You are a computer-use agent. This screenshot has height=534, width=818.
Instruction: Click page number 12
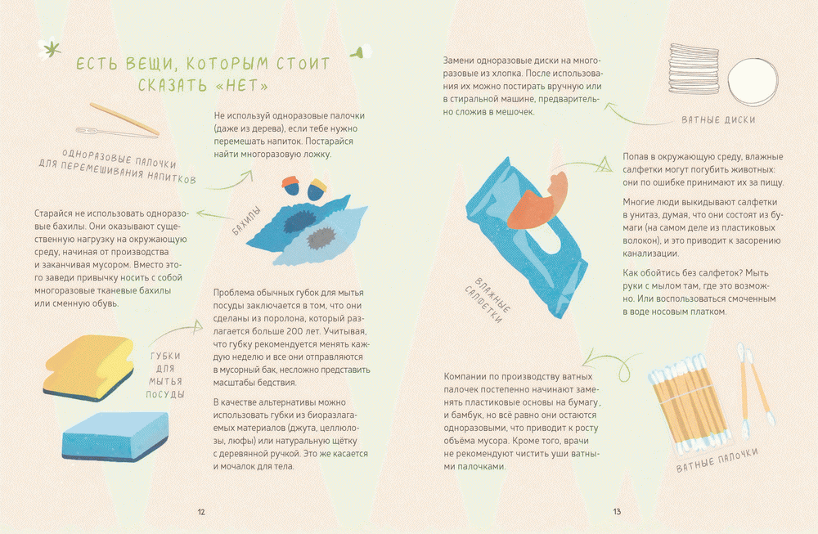point(201,512)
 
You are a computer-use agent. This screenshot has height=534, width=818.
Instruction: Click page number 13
point(617,512)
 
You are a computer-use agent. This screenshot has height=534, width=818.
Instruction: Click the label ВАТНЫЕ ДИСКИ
point(717,120)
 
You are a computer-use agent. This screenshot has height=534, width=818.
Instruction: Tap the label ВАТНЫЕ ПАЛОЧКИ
point(717,461)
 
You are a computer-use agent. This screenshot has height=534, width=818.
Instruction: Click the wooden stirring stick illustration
point(123,119)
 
